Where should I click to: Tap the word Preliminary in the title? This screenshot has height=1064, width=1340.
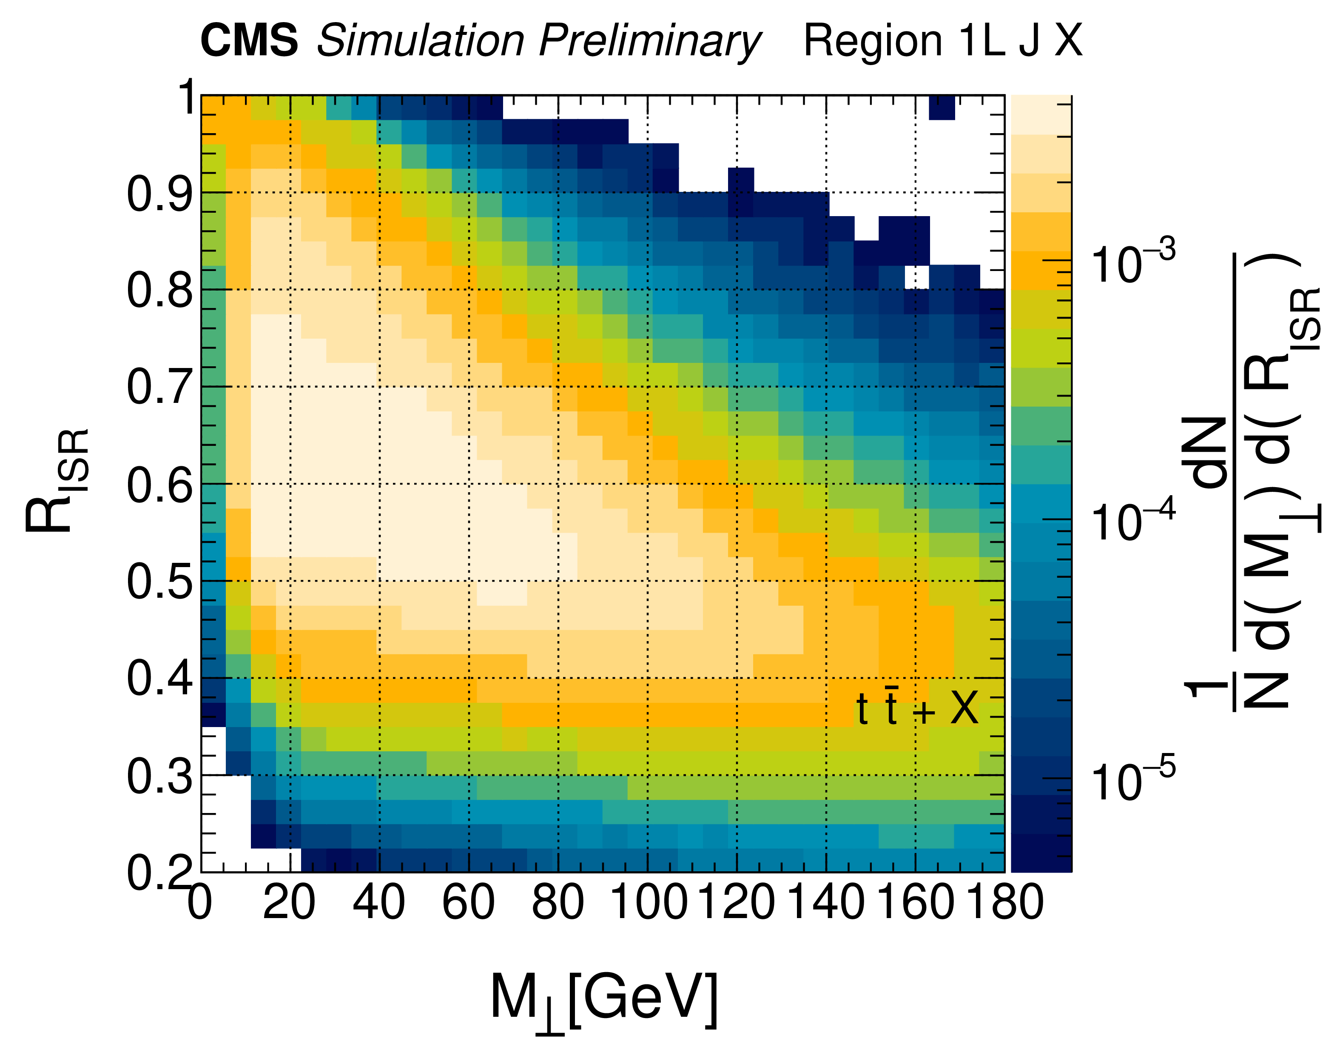coord(649,42)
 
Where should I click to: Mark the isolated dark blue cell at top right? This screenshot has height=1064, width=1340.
coord(942,108)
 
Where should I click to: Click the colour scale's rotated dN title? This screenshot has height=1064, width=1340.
coord(1209,451)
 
